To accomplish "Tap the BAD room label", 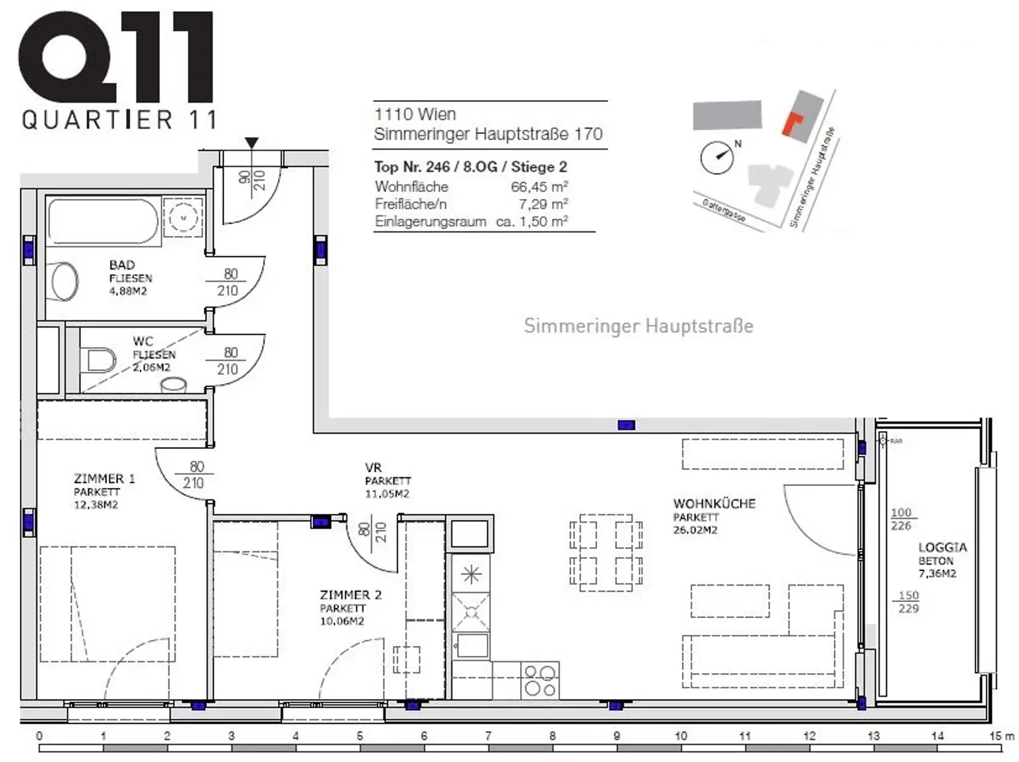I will click(122, 265).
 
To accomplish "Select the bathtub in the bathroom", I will click(103, 222).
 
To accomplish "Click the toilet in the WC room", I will click(100, 360).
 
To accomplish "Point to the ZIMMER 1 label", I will click(104, 479).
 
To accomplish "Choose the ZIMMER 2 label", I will click(350, 596).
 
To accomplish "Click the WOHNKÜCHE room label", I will click(714, 504).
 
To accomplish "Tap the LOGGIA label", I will click(942, 548).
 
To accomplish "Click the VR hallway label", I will click(374, 468).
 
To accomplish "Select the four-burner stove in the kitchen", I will click(540, 681).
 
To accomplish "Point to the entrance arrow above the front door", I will click(251, 143).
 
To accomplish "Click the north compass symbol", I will click(718, 158).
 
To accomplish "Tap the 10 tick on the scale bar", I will click(681, 735).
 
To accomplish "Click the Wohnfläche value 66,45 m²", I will click(539, 187).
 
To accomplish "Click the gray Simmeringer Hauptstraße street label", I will click(638, 326).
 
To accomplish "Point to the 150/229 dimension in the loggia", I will click(908, 602).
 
